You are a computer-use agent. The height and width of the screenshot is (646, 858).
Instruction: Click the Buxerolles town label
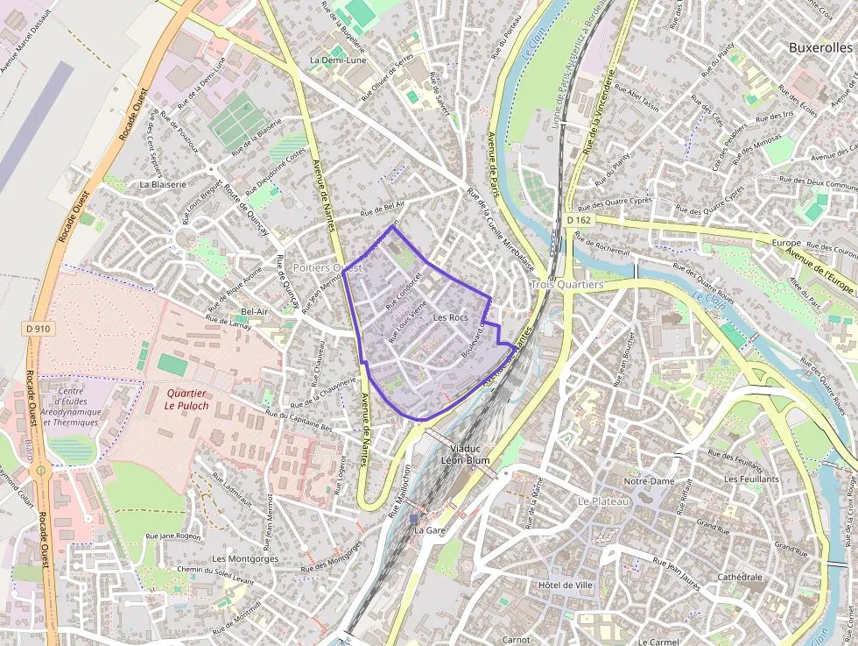point(822,47)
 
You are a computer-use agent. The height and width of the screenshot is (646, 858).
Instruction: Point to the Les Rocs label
point(451,316)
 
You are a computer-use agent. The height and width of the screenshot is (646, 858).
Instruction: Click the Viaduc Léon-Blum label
point(463,454)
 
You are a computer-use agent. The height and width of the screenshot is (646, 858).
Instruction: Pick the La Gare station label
point(430,530)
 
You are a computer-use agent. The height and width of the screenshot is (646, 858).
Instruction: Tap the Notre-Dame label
point(649,481)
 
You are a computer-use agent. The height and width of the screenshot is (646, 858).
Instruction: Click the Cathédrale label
point(740,577)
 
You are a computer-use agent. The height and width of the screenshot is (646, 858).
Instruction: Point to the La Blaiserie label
point(163,185)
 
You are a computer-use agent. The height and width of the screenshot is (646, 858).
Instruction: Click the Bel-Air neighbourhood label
point(254,311)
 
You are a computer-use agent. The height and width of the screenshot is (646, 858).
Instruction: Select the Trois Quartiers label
point(567,285)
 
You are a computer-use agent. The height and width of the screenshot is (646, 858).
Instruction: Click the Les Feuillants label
point(751,479)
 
